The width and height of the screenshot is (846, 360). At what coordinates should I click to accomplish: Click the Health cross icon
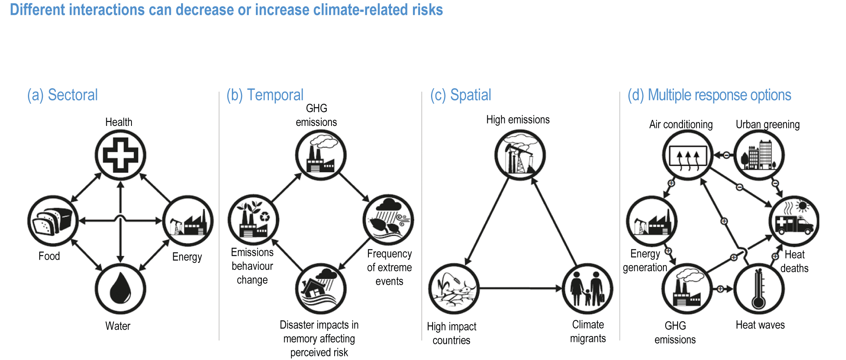(x=120, y=155)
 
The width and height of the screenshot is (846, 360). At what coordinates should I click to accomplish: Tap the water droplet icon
(x=120, y=289)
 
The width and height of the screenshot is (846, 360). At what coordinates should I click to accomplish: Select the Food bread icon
(x=53, y=221)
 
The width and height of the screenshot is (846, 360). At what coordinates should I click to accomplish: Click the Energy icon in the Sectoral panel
(x=188, y=221)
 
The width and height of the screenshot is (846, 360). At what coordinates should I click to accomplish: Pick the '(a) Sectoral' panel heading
(x=62, y=95)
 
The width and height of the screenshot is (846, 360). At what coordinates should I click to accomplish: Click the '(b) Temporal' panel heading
(x=265, y=95)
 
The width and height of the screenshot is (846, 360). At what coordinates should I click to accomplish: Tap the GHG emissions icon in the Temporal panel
(x=321, y=155)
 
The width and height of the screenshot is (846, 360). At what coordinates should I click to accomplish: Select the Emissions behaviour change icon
(x=254, y=220)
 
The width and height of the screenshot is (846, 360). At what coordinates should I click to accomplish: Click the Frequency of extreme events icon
(x=388, y=220)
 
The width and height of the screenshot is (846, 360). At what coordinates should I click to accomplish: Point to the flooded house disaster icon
(x=321, y=289)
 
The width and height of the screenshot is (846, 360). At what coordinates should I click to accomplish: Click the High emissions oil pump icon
(x=520, y=155)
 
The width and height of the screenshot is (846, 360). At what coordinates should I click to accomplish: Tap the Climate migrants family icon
(x=587, y=289)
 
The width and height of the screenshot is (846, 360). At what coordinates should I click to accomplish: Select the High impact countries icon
(x=454, y=289)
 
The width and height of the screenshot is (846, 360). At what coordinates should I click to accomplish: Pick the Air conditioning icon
(x=688, y=155)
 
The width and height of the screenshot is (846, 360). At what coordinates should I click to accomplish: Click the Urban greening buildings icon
(x=759, y=155)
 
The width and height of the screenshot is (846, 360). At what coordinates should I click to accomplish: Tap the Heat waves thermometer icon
(x=759, y=289)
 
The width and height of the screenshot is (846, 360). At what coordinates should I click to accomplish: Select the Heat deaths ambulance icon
(x=794, y=221)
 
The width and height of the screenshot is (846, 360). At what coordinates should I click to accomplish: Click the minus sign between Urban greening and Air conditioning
(x=726, y=155)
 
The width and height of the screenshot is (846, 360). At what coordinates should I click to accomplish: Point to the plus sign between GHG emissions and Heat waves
(x=720, y=289)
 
